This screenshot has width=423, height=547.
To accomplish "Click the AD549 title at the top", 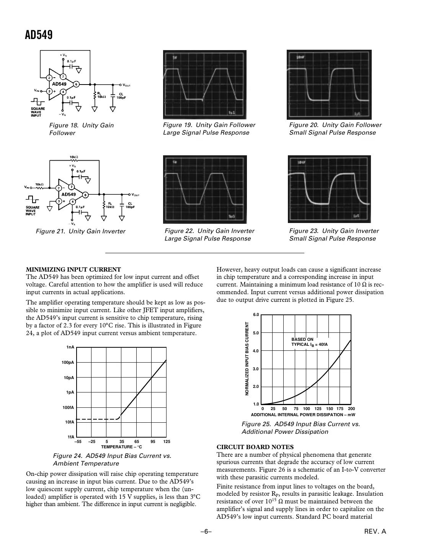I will click(x=39, y=35).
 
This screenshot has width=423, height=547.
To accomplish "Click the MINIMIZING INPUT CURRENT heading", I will click(x=73, y=269).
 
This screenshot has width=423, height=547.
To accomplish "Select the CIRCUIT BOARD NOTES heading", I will click(x=255, y=447).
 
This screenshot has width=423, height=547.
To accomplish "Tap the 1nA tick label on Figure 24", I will click(x=70, y=347).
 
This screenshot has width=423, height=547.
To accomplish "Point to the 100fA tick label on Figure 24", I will click(x=68, y=407).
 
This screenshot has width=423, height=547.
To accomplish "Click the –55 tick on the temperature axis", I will click(x=78, y=442).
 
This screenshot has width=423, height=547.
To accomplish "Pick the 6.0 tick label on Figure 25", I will click(x=256, y=315).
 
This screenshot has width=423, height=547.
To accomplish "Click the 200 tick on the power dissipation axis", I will click(x=351, y=409).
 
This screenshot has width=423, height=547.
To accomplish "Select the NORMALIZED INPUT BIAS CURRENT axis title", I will click(x=247, y=359).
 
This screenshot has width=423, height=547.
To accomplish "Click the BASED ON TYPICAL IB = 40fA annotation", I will click(x=309, y=342).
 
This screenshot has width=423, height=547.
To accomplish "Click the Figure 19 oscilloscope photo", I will click(x=205, y=85).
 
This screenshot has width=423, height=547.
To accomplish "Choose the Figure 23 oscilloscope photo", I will click(x=329, y=189).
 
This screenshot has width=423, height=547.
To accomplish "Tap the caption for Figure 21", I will click(x=80, y=231).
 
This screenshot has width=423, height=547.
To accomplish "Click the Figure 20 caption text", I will click(x=335, y=129).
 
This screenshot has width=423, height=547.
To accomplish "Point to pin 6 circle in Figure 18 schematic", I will click(x=76, y=84).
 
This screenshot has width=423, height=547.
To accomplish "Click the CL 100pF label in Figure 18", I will click(x=121, y=96).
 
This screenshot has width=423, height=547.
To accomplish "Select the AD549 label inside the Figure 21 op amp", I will click(x=69, y=194).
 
